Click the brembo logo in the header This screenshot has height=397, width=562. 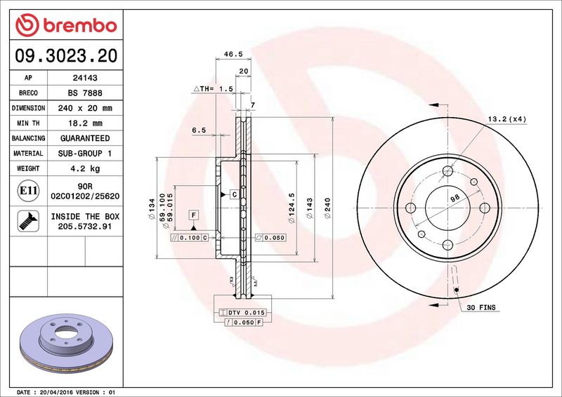click(66, 25)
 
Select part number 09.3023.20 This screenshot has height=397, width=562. click(66, 55)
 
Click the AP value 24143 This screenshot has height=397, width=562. click(85, 78)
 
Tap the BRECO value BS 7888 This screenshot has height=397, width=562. click(85, 93)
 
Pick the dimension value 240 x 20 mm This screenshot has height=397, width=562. click(85, 108)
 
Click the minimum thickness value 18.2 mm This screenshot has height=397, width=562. click(85, 123)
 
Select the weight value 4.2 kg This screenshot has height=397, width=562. click(85, 168)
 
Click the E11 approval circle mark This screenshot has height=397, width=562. click(28, 191)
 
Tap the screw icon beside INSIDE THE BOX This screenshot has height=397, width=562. click(28, 221)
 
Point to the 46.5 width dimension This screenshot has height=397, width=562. click(233, 54)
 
